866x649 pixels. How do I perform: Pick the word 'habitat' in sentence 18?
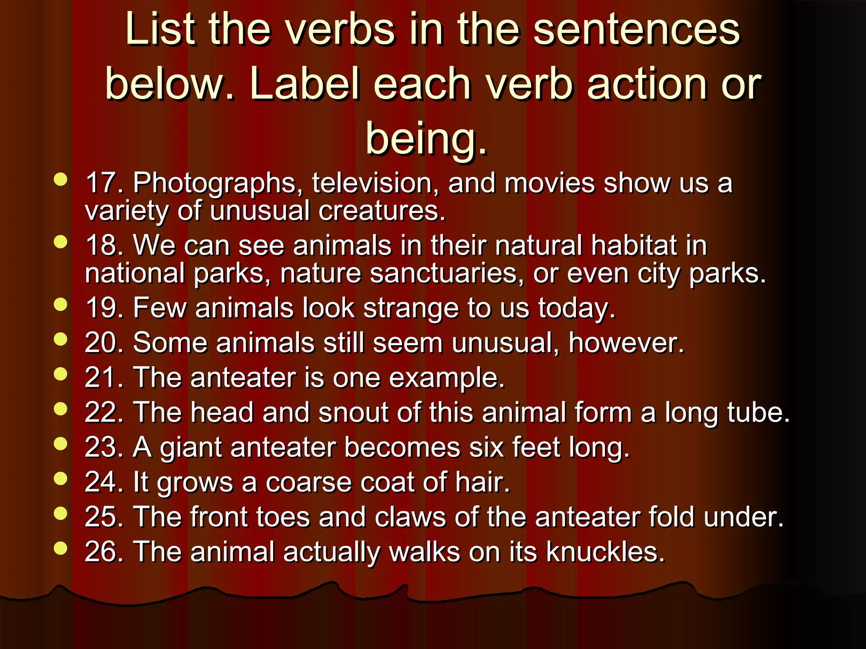pos(634,246)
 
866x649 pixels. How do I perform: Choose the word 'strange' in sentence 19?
pos(411,308)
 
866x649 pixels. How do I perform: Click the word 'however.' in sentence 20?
pos(626,343)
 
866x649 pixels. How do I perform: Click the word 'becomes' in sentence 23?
pos(402,447)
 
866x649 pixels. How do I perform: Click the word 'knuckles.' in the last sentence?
pos(605,552)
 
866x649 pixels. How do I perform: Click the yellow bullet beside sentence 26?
pos(61,548)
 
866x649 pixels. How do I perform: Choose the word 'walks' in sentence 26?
pos(424,552)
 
